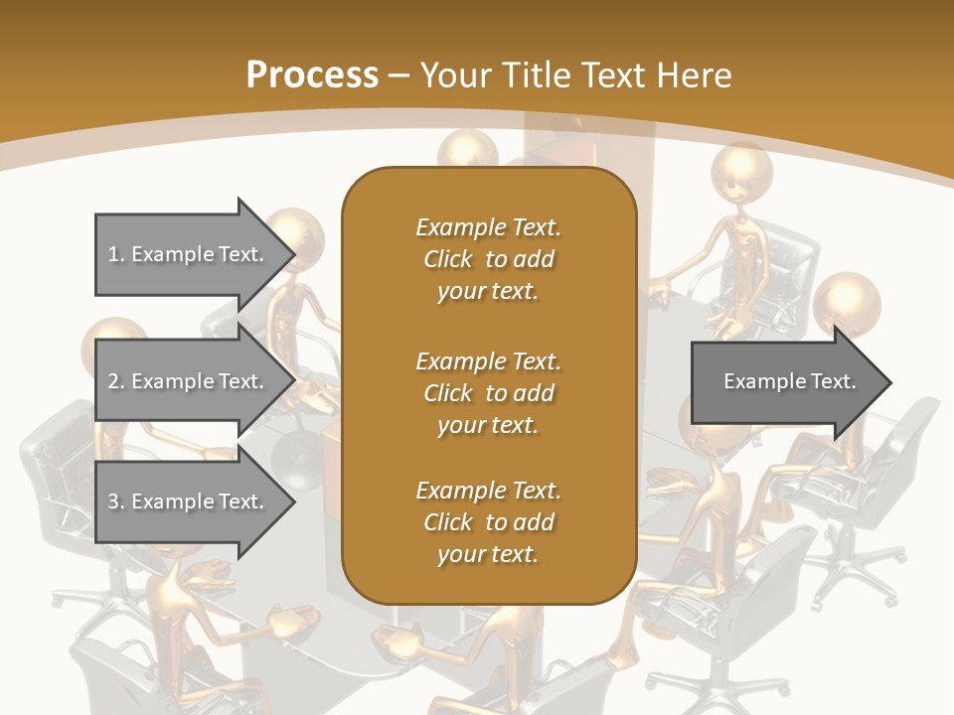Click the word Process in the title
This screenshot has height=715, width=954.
click(x=312, y=74)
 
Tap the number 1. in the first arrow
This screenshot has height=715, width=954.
click(x=115, y=254)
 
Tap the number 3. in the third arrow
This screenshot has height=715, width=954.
click(x=115, y=501)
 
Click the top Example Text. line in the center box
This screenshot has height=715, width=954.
click(x=488, y=227)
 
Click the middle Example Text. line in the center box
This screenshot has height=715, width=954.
click(x=488, y=360)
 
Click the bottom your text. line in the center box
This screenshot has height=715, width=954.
click(x=488, y=555)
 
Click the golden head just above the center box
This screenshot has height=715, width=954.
click(x=467, y=152)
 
